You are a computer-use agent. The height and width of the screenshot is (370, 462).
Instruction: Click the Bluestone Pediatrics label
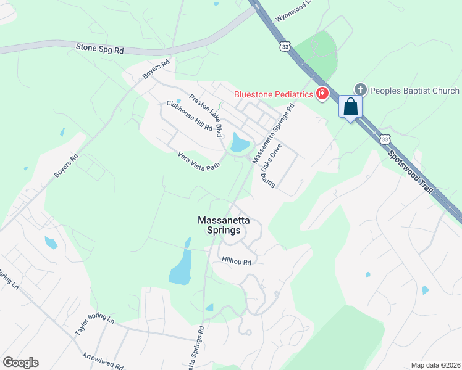point(274,94)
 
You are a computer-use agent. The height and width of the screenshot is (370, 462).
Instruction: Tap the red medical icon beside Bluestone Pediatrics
point(322,94)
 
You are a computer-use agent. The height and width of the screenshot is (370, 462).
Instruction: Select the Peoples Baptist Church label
point(414,91)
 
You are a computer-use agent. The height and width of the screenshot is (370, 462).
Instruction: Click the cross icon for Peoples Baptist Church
point(361,91)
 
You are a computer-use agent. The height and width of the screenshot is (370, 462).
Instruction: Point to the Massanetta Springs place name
point(219,224)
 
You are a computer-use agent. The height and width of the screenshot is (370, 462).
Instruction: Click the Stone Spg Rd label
point(99,47)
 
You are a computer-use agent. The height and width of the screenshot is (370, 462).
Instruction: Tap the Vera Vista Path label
point(199,161)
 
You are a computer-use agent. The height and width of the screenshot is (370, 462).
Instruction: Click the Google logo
point(20,363)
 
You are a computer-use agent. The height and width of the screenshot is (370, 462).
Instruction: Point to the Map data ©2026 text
point(435,365)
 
